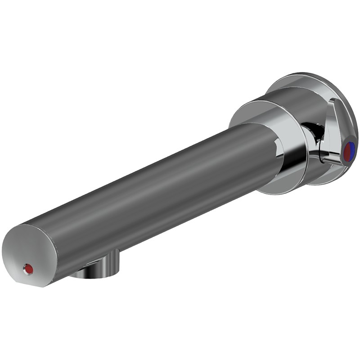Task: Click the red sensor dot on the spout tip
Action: (29, 269)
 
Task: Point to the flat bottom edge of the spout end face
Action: (34, 285)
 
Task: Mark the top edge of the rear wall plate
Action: (306, 74)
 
